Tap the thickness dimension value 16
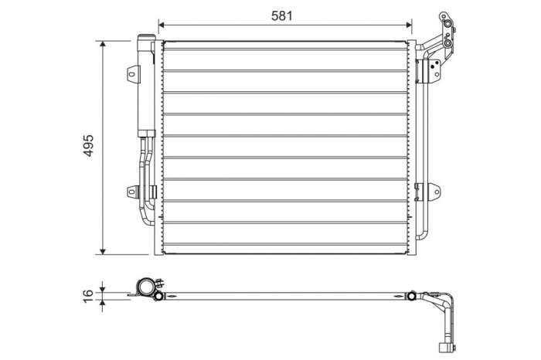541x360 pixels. pyautogui.click(x=88, y=294)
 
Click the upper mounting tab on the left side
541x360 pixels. pyautogui.click(x=134, y=73)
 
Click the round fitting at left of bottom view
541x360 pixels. pyautogui.click(x=144, y=287)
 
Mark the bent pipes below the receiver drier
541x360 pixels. pyautogui.click(x=145, y=178)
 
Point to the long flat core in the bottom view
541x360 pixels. pyautogui.click(x=286, y=295)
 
